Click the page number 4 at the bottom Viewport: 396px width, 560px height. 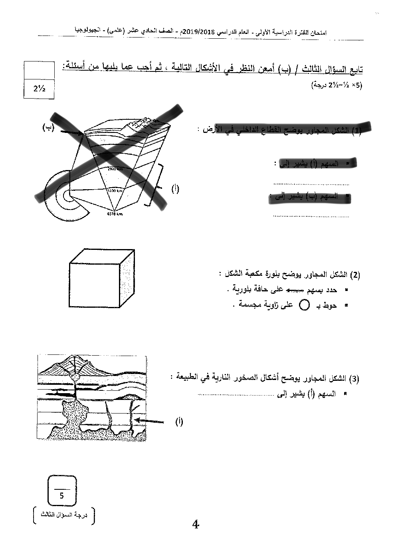pos(196,524)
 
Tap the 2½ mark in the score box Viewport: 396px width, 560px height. pos(39,89)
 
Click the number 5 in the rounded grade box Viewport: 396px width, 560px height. pos(61,496)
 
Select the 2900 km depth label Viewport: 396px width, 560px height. pos(115,169)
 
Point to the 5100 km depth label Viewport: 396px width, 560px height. pos(114,190)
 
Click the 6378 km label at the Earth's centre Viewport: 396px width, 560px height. pos(115,214)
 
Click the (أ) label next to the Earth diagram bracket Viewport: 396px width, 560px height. pos(175,189)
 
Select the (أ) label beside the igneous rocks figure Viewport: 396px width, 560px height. pos(179,421)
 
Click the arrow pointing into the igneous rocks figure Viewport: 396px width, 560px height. pos(149,420)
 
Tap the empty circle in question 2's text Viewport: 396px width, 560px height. pos(305,305)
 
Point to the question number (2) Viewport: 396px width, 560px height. pos(355,275)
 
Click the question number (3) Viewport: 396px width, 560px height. pos(354,379)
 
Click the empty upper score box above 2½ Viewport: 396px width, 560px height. pos(39,71)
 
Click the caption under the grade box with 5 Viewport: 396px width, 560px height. pos(64,515)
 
